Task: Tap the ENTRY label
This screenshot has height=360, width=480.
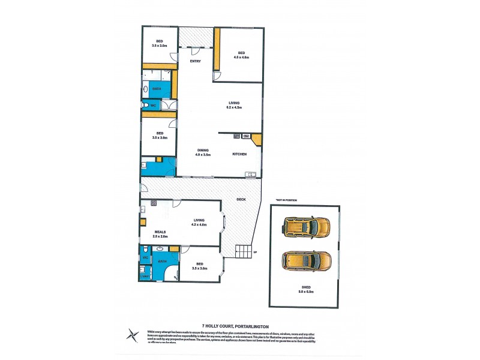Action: pos(195,61)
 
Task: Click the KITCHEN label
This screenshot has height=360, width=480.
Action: pos(240,154)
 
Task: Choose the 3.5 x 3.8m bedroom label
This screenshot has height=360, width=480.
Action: pos(159,135)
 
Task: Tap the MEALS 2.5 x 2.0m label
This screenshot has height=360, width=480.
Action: pos(160,233)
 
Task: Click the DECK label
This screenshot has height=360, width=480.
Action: pos(241,199)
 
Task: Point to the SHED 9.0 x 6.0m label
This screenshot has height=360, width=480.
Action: pos(307,290)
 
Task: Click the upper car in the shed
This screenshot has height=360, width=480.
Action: pos(306,227)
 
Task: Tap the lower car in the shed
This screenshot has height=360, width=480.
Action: pos(306,261)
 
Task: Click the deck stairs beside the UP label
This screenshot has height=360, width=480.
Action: pos(244,251)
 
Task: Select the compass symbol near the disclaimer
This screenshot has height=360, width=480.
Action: pos(131,334)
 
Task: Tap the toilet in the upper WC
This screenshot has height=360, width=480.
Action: pos(146,106)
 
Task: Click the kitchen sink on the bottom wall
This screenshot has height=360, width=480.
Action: pos(250,175)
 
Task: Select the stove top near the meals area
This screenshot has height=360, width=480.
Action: pos(154,203)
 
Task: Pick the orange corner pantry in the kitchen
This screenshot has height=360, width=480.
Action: pos(256,140)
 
